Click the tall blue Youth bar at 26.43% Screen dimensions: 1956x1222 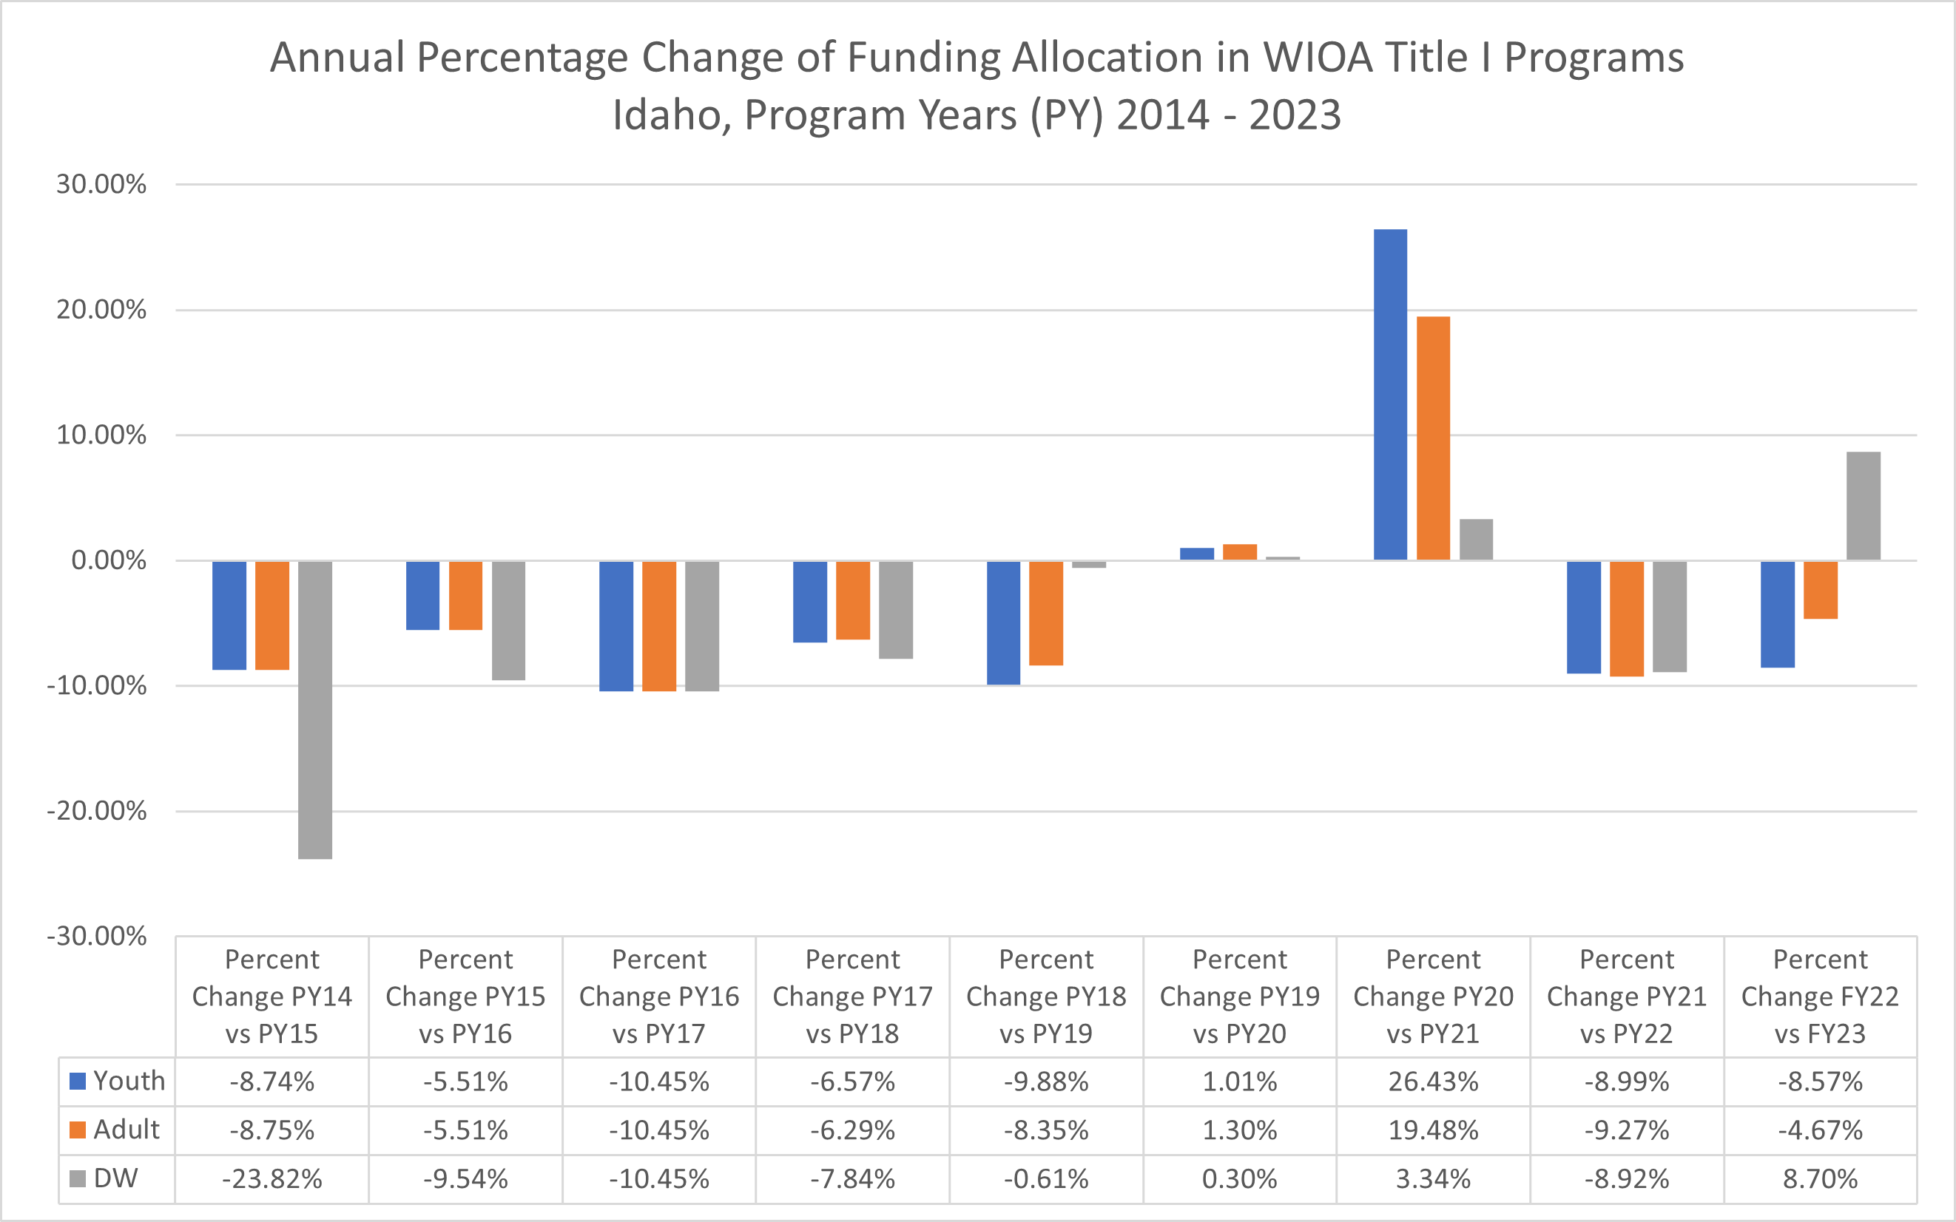[1390, 395]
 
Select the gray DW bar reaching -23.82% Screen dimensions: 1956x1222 [314, 710]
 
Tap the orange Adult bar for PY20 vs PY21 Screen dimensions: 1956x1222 [1433, 438]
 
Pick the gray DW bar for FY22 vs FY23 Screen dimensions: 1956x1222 [1863, 506]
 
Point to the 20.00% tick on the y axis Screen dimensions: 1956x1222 [101, 310]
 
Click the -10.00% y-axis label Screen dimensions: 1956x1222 [97, 686]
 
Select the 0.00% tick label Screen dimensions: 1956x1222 [108, 560]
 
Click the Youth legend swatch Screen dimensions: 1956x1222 [78, 1082]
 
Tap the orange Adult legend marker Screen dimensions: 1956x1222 [78, 1130]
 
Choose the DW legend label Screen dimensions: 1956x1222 [115, 1178]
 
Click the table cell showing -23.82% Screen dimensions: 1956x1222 [272, 1179]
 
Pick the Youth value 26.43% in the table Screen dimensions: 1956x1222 [1433, 1082]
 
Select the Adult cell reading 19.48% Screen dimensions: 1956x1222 [1433, 1130]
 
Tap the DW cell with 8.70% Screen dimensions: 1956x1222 [1820, 1179]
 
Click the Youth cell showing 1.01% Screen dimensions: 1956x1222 [1240, 1082]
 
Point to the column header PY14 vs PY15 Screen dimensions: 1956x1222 [272, 997]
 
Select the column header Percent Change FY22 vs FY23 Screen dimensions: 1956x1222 [1820, 997]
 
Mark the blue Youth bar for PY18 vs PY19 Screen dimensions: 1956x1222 [1003, 623]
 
